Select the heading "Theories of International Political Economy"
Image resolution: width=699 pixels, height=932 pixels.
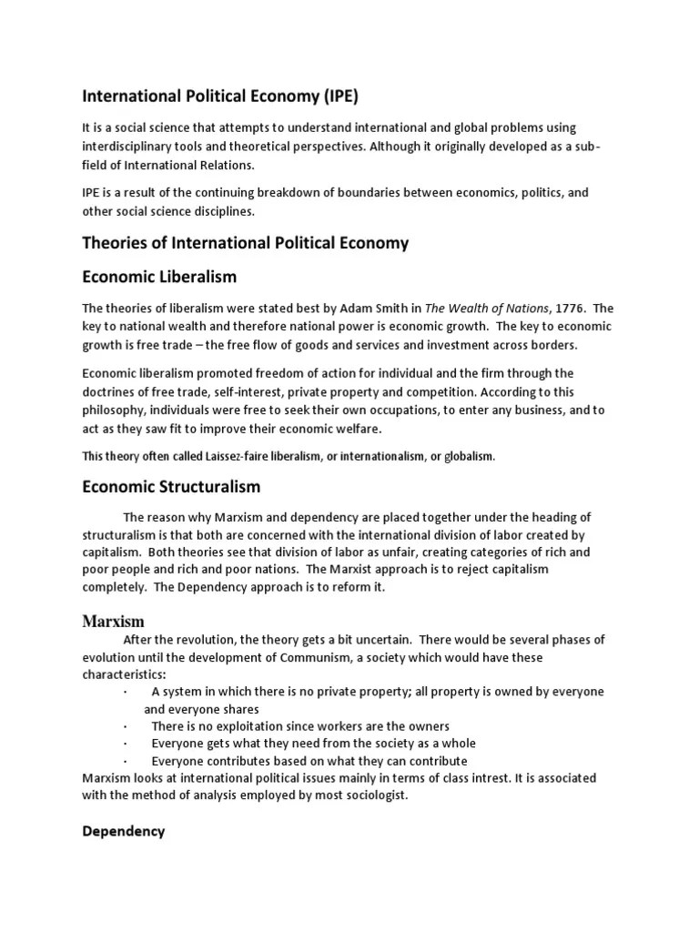coord(246,243)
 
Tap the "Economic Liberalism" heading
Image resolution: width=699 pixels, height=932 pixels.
coord(159,277)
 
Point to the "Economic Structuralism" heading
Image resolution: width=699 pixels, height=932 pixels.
coord(171,487)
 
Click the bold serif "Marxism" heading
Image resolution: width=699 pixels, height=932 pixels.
coord(114,622)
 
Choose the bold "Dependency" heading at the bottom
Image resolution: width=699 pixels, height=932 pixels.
coord(124,831)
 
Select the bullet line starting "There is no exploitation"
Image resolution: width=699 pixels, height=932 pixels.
coord(300,726)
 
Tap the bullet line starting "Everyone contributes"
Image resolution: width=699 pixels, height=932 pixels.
coord(309,761)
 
